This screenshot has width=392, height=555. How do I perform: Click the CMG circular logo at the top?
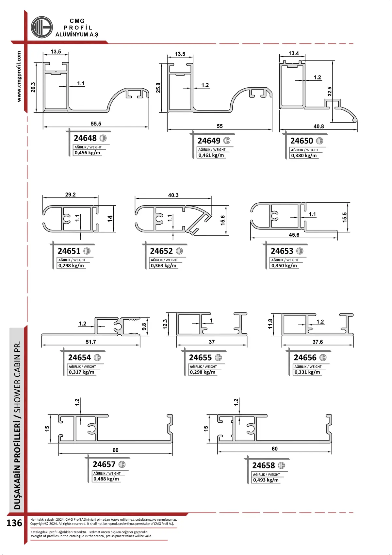click(x=41, y=27)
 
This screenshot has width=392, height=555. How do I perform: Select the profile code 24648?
click(x=85, y=138)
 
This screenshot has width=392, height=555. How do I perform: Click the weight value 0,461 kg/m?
click(x=211, y=155)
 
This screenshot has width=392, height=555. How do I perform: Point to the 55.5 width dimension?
click(x=96, y=124)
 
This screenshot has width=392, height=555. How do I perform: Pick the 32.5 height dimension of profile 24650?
click(x=330, y=92)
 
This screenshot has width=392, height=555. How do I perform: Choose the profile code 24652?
click(x=161, y=251)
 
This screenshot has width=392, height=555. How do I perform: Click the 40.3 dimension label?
click(x=173, y=195)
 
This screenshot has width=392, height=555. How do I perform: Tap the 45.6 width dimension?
click(x=294, y=235)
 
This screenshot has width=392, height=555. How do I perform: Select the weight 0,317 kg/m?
click(x=81, y=372)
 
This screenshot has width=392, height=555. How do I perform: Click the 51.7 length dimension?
click(x=91, y=342)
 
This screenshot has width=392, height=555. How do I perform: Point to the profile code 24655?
click(x=200, y=358)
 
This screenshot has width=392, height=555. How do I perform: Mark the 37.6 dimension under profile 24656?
click(x=318, y=342)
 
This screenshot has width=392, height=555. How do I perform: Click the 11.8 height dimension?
click(x=270, y=324)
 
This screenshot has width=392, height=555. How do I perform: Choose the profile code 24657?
click(x=104, y=464)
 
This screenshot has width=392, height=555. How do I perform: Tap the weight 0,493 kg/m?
click(x=266, y=480)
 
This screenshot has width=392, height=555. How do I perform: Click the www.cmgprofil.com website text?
click(x=19, y=76)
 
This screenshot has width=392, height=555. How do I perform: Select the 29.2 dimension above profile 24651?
click(x=70, y=194)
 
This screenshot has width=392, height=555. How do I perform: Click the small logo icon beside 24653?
click(x=300, y=251)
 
